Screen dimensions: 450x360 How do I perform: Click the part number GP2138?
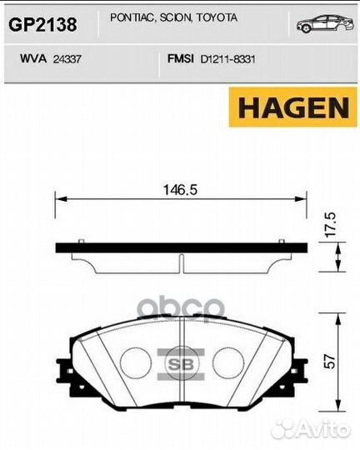(x=42, y=25)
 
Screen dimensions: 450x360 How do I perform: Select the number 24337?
(x=68, y=59)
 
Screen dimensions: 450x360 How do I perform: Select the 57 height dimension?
(x=331, y=362)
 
